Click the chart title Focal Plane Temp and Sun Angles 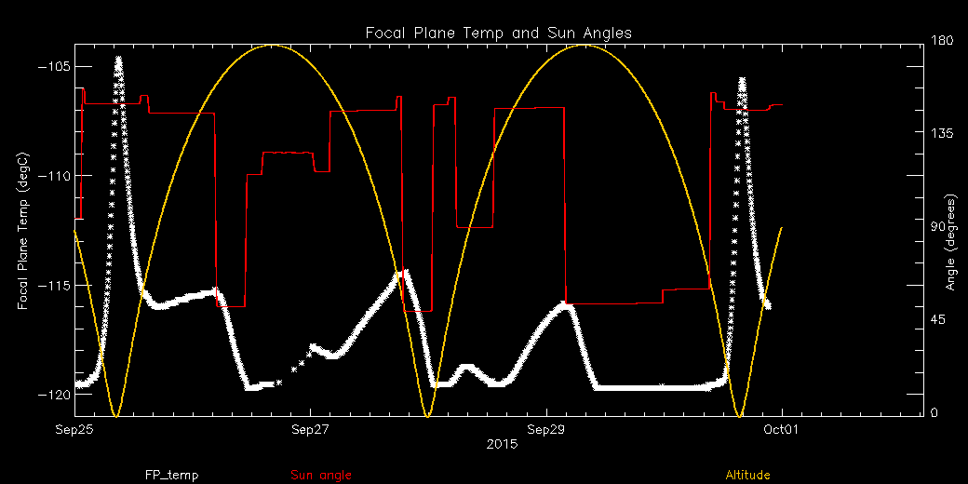coord(499,33)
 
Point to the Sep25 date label coord(74,430)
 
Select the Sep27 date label coord(310,430)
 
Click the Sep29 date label coord(545,430)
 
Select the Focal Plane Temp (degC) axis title coord(22,230)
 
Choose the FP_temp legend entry coord(171,476)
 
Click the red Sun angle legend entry coord(321,476)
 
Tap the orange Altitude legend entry coord(747,476)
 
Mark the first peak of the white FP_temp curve coord(118,59)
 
